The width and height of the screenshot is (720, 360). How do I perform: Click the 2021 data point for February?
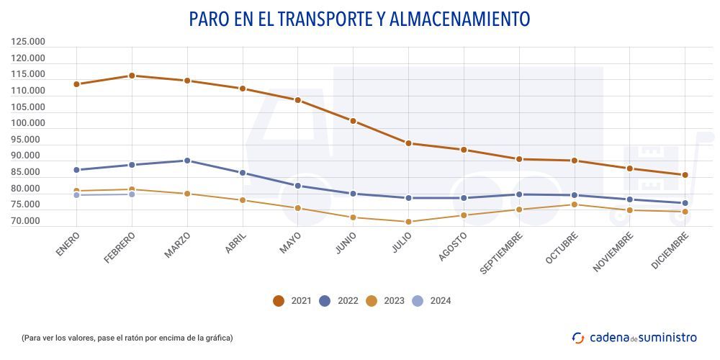pyautogui.click(x=132, y=76)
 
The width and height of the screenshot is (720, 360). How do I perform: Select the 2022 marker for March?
pyautogui.click(x=187, y=161)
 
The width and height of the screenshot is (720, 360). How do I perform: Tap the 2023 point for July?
pyautogui.click(x=408, y=222)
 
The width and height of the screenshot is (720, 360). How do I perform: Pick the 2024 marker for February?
pyautogui.click(x=132, y=194)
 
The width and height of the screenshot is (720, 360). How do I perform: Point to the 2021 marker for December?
pyautogui.click(x=685, y=175)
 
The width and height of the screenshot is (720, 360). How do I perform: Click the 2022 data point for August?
pyautogui.click(x=464, y=198)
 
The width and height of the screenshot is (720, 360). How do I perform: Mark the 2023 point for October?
pyautogui.click(x=574, y=204)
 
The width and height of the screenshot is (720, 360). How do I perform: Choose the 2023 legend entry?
pyautogui.click(x=385, y=301)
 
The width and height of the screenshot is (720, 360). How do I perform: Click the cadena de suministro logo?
pyautogui.click(x=634, y=337)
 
